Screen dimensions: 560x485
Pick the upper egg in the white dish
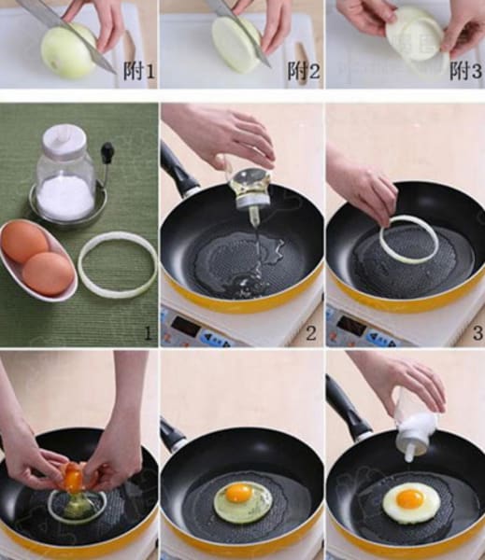pyautogui.click(x=24, y=241)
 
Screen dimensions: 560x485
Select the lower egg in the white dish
pyautogui.click(x=48, y=273)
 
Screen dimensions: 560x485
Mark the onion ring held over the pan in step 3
pyautogui.click(x=408, y=239)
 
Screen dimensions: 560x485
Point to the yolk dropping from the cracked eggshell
pyautogui.click(x=73, y=480)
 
